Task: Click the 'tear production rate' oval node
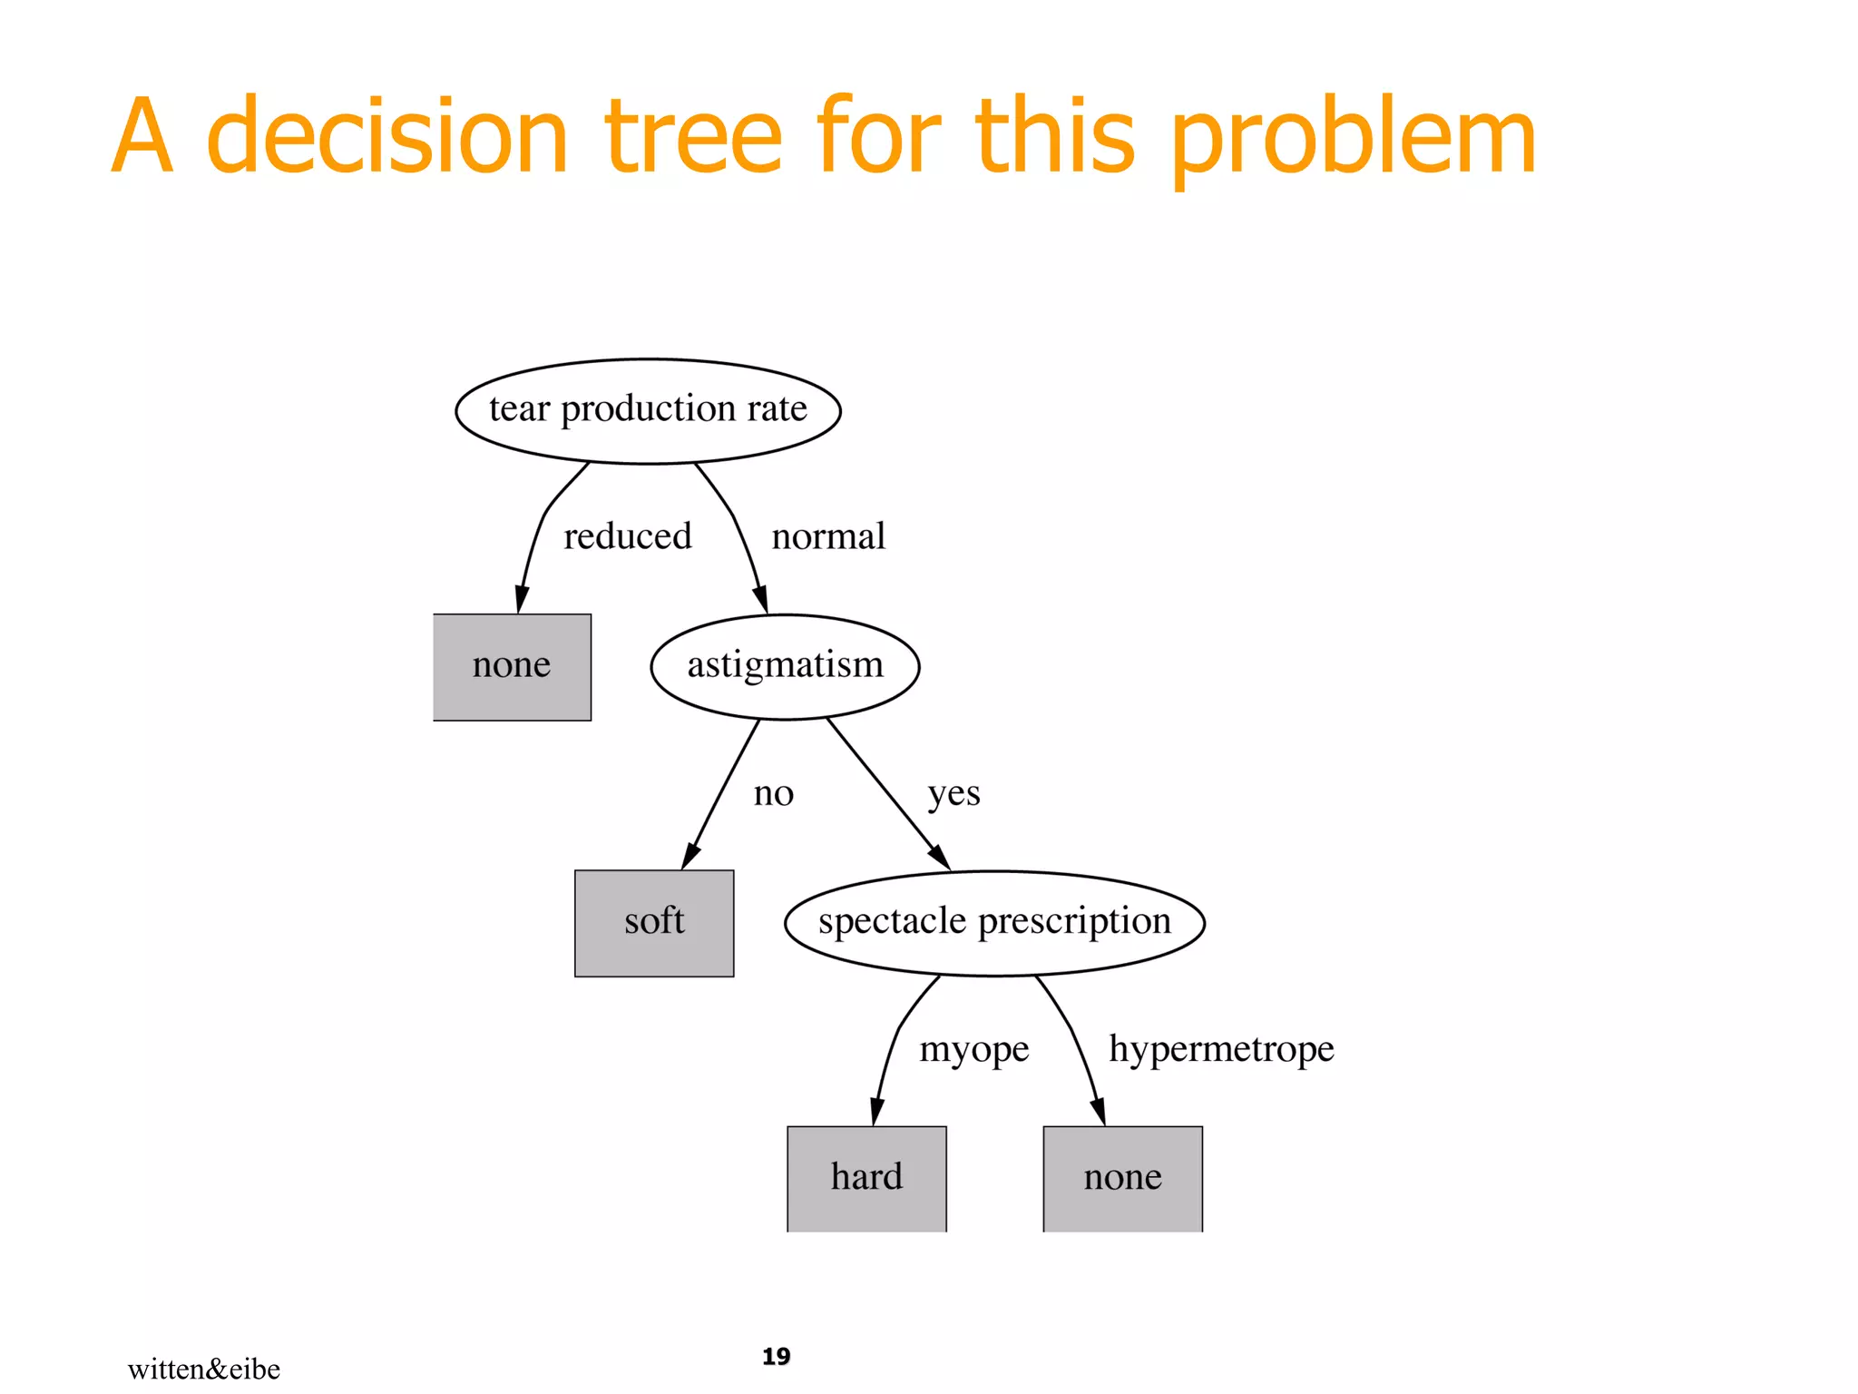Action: point(648,410)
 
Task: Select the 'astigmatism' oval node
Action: point(785,666)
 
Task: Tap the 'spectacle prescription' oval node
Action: point(994,922)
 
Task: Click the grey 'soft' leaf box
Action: point(654,922)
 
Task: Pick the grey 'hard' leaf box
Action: point(866,1177)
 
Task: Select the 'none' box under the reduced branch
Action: point(512,666)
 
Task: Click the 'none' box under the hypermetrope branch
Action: point(1122,1177)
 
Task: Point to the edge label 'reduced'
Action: point(627,536)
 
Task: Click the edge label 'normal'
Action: point(827,536)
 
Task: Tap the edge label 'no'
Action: point(773,793)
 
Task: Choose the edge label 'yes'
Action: point(953,793)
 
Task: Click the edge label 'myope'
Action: point(973,1049)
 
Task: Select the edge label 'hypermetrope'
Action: point(1221,1049)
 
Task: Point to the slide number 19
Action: point(776,1356)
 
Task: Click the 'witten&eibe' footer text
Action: point(203,1369)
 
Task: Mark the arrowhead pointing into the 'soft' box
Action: point(690,856)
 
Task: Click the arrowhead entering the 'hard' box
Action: point(876,1112)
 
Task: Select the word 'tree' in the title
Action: point(693,136)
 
